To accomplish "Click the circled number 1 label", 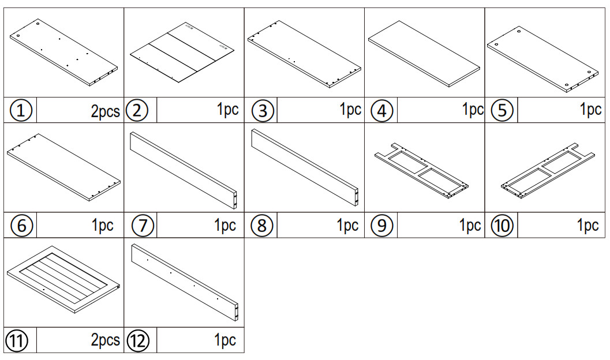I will [21, 110].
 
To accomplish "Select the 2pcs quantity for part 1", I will [105, 111].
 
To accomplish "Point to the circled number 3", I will [263, 110].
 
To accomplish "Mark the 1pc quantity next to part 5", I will [590, 110].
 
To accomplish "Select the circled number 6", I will [21, 226].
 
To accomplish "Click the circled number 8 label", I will [262, 226].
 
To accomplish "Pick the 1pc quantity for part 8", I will [347, 226].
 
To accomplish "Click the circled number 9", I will [381, 226].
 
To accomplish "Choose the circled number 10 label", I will [502, 226].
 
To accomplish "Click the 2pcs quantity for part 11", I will [105, 340].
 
